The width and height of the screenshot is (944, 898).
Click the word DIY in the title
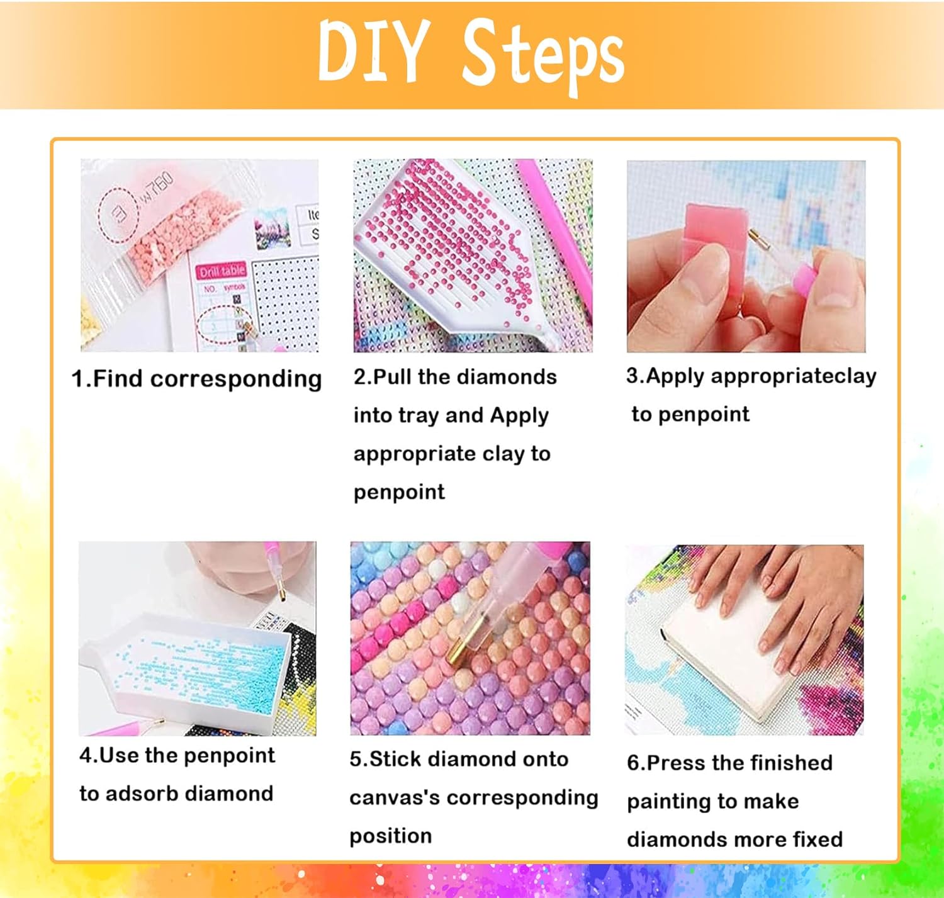point(374,52)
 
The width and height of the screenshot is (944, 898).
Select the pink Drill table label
point(222,271)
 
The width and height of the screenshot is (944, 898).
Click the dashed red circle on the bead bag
point(118,213)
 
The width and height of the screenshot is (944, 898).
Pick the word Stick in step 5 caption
point(395,759)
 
